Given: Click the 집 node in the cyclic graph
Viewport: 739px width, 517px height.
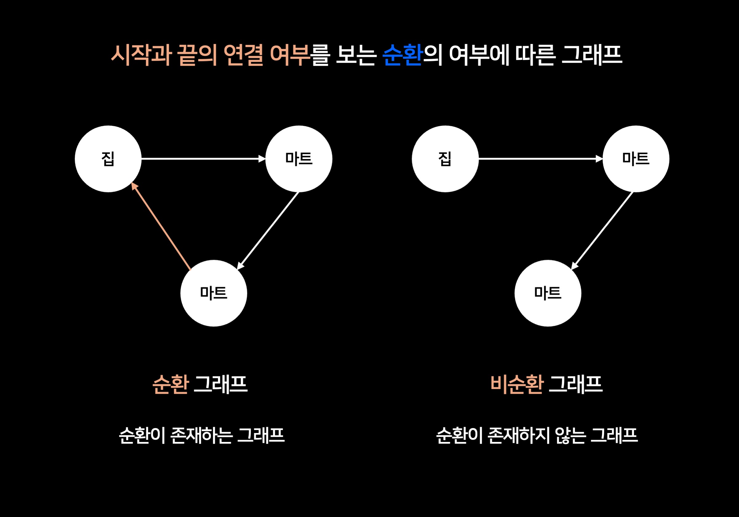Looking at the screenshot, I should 108,159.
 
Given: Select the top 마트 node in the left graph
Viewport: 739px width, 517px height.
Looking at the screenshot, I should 299,159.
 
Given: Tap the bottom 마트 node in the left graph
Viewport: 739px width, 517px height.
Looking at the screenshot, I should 214,293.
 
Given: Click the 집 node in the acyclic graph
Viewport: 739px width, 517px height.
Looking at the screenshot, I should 445,159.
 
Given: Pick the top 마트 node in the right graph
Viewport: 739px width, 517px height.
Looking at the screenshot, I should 636,159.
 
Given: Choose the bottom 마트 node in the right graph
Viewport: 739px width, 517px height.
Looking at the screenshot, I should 548,293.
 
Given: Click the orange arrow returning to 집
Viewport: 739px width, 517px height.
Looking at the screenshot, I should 161,226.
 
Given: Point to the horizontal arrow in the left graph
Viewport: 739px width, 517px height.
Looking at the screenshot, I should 203,158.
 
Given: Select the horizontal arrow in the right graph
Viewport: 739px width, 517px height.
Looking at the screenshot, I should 540,158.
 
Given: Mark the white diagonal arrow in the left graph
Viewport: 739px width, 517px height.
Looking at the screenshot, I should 268,230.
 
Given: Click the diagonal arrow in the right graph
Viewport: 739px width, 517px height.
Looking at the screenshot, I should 602,230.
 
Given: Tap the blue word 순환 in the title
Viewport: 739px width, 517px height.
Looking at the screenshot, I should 402,55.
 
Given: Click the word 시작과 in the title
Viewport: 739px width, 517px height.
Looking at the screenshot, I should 141,55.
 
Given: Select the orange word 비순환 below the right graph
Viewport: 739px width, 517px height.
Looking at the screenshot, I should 517,384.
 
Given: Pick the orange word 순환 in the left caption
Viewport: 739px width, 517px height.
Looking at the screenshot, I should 170,384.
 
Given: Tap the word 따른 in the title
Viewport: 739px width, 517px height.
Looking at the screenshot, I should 535,55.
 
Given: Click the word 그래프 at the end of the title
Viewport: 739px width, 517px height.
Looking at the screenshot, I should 592,55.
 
